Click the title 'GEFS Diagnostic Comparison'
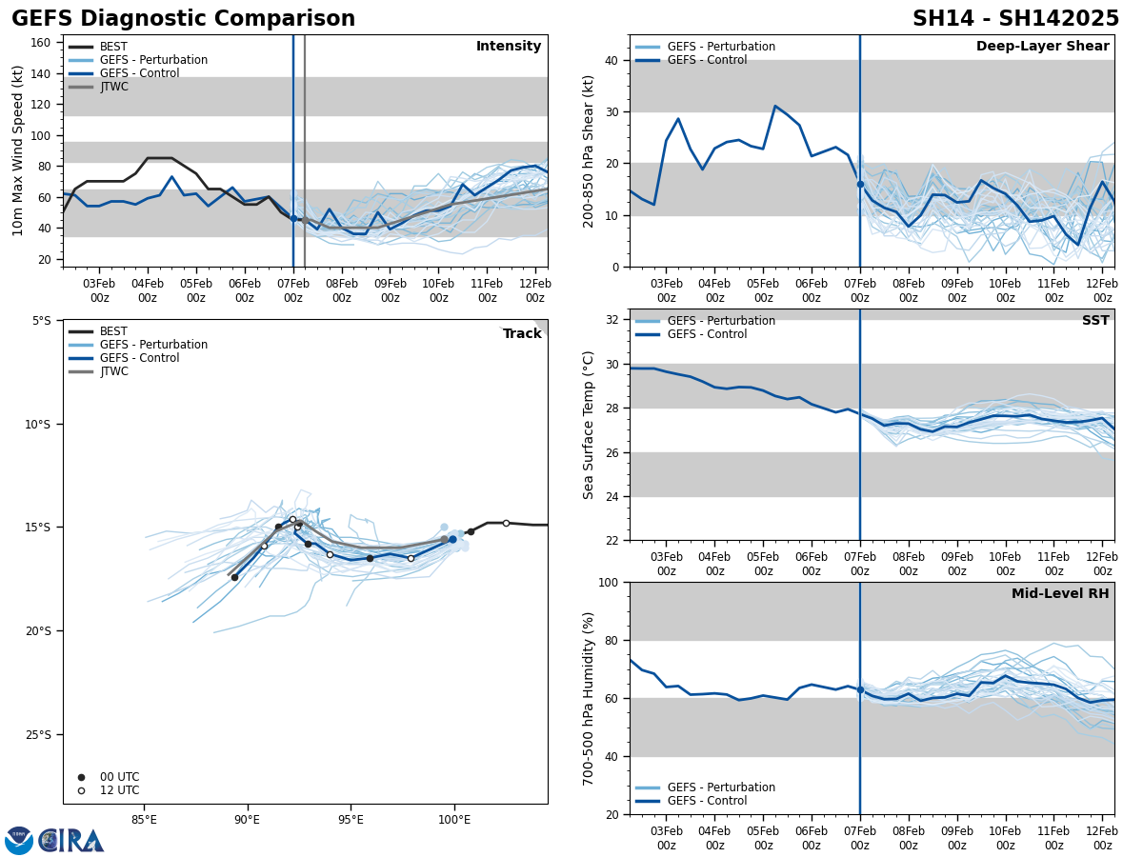183,19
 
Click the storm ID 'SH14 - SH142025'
1015,19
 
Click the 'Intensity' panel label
508,47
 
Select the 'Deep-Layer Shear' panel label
1042,47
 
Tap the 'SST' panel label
1094,321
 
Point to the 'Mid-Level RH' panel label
1059,594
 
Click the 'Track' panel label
521,334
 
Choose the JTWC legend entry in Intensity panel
113,87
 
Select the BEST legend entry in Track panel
113,331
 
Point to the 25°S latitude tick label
42,734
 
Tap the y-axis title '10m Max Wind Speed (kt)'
18,150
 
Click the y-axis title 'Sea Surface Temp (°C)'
589,425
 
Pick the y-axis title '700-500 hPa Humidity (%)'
589,698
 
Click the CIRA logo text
71,840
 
